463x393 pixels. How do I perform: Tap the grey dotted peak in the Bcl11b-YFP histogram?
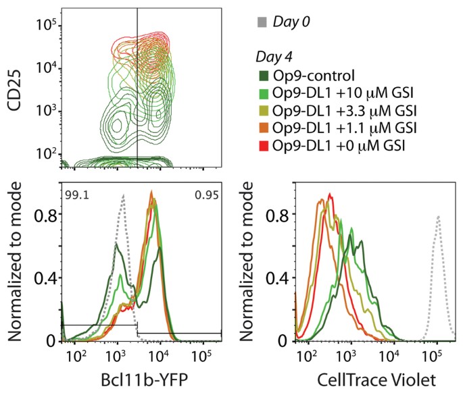click(123, 195)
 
